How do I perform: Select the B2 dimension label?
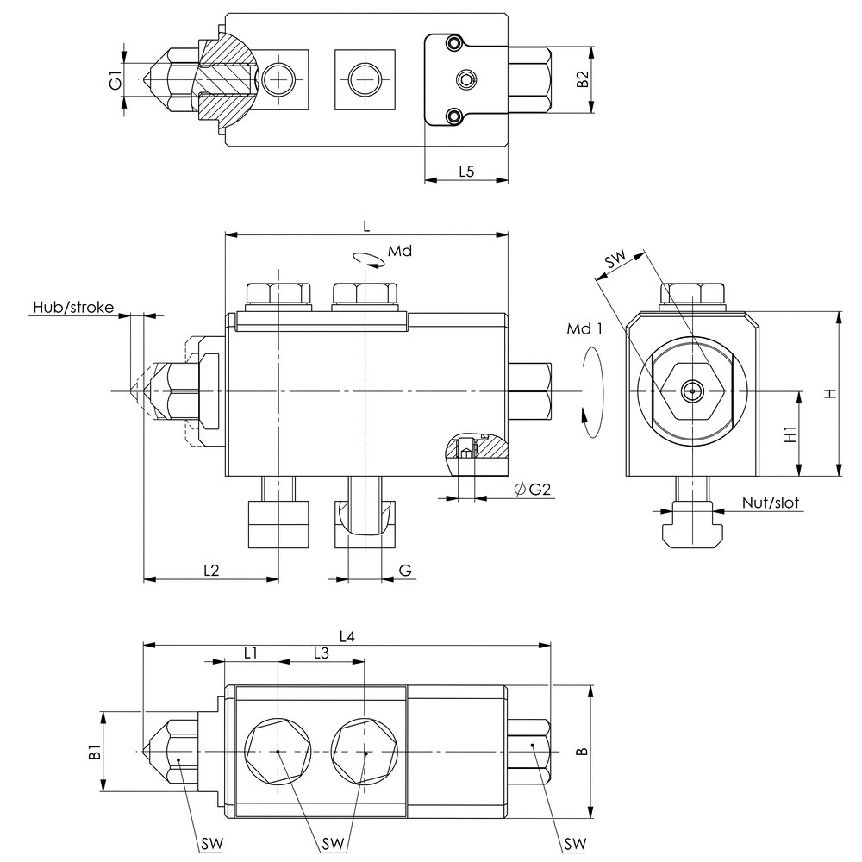(583, 80)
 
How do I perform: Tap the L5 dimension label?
(465, 171)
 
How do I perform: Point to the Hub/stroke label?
(73, 307)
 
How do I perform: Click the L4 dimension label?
(347, 636)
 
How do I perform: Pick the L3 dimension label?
(321, 653)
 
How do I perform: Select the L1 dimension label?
(250, 653)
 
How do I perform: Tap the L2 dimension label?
(211, 570)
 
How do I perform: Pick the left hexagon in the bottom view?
(278, 752)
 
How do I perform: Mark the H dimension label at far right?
(829, 393)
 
